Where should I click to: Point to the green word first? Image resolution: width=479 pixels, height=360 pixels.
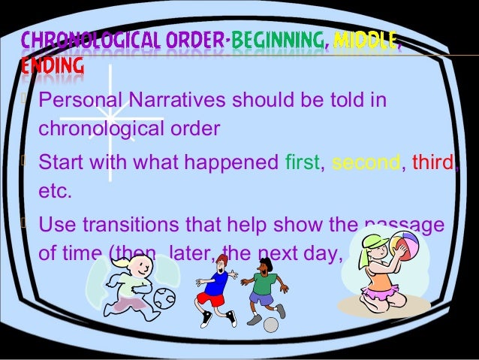point(303,162)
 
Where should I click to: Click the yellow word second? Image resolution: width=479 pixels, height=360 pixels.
point(366,162)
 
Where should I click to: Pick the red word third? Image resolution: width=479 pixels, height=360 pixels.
point(433,162)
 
